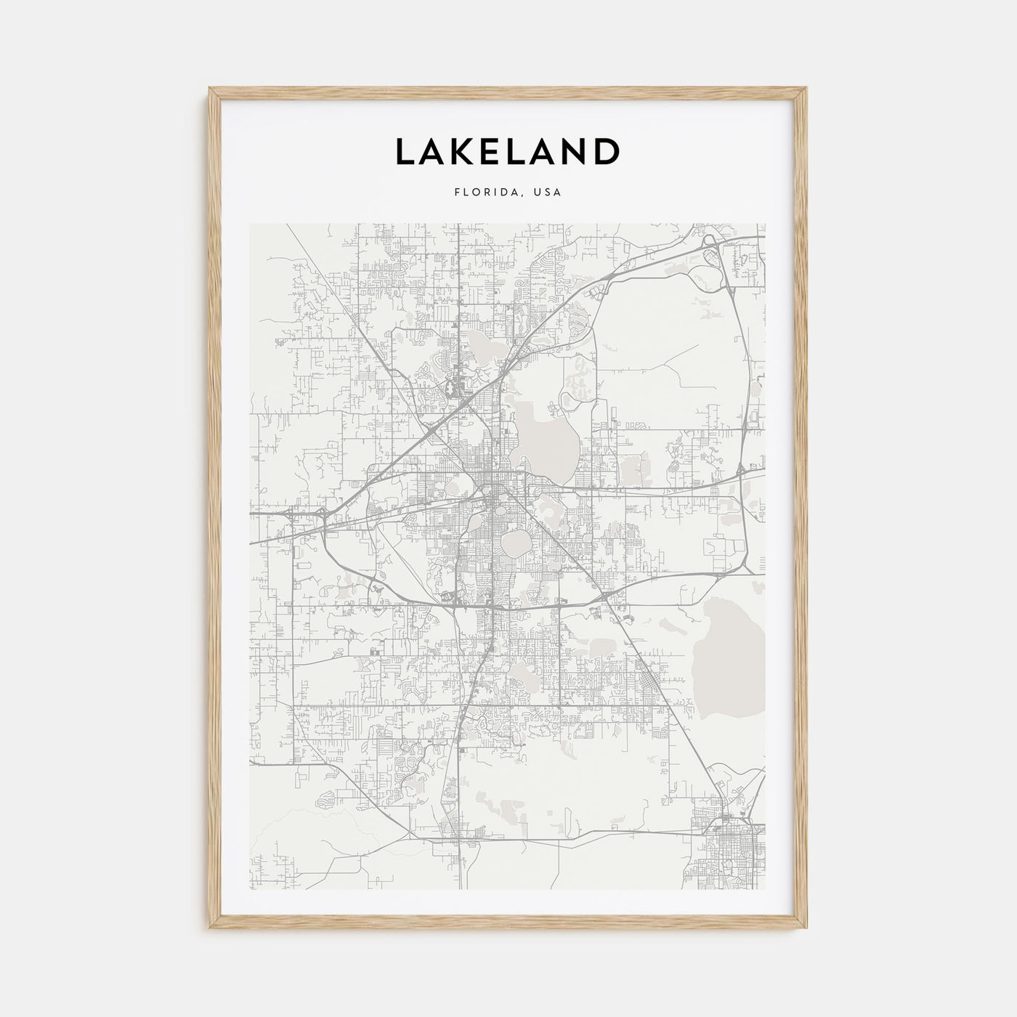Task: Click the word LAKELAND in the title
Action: (507, 151)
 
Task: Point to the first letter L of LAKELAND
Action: (405, 151)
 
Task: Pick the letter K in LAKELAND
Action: (465, 151)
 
